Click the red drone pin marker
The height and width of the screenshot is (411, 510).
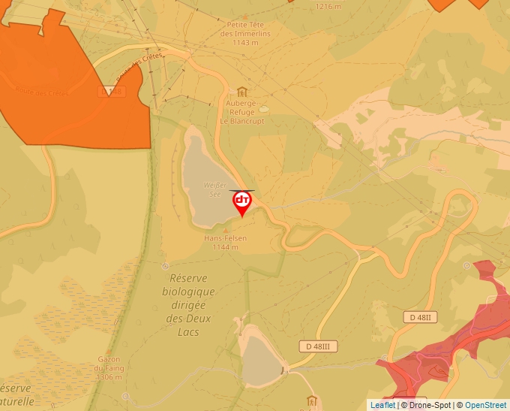point(242,201)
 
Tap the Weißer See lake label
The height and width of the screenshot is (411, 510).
point(214,189)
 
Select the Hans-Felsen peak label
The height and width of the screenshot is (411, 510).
point(225,238)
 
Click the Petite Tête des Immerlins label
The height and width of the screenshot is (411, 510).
point(245,29)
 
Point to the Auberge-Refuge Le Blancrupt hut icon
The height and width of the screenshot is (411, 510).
point(241,92)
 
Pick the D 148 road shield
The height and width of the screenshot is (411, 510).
point(111,91)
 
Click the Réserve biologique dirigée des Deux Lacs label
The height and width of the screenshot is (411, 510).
point(188,304)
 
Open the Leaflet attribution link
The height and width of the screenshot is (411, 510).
point(382,405)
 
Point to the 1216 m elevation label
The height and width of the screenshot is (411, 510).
point(328,6)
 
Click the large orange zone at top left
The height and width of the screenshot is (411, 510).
point(67,83)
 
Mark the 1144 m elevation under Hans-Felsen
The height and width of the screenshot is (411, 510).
point(225,246)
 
